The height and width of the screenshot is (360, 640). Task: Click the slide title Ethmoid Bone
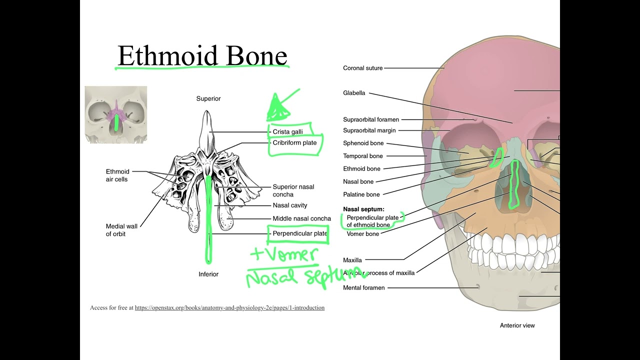tap(202, 55)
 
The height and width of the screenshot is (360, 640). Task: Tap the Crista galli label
tap(287, 132)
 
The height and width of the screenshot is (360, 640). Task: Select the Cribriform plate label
tap(294, 143)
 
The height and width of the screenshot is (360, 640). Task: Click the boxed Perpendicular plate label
tap(299, 233)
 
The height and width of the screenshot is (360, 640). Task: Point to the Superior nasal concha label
tap(293, 190)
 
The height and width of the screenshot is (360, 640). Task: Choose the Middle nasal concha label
tap(301, 218)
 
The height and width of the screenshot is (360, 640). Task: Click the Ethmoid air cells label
tap(117, 175)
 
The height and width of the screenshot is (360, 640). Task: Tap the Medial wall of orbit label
tap(121, 230)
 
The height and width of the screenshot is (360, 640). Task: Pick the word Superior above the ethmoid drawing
tap(208, 98)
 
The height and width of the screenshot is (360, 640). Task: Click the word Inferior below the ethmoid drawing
tap(208, 274)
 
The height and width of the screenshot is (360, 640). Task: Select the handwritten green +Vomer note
tap(284, 254)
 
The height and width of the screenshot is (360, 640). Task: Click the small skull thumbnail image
tap(116, 114)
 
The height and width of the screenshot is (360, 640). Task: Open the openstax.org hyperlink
tap(229, 308)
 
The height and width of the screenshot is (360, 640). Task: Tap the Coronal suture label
tap(362, 68)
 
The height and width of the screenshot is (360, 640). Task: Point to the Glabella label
tap(354, 93)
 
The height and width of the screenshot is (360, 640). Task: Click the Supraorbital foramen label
tap(371, 119)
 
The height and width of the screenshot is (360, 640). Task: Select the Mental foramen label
tap(363, 288)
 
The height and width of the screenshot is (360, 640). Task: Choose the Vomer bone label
tap(362, 233)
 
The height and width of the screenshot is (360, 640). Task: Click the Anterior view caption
tap(517, 325)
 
